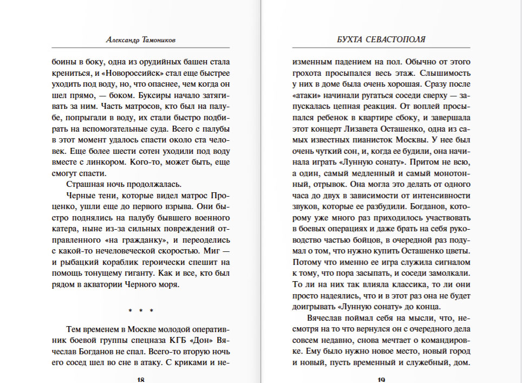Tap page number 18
[141, 380]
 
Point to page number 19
[381, 380]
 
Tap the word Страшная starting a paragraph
[81, 184]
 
